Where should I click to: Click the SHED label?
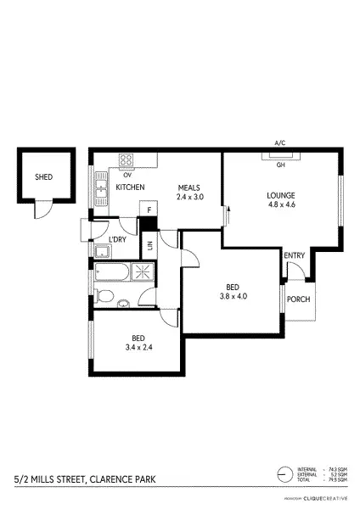tap(43, 178)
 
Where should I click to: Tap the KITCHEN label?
tap(130, 187)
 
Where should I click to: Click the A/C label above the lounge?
tap(279, 143)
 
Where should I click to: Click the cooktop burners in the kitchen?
tap(127, 159)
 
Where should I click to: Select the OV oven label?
tap(127, 175)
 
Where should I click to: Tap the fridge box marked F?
tap(149, 210)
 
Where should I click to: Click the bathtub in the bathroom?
tap(111, 273)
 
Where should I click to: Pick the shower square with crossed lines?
tap(142, 272)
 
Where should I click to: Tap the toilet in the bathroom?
tap(103, 296)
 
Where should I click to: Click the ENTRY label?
tap(295, 255)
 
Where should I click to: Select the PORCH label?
tap(297, 299)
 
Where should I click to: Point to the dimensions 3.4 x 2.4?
tap(136, 347)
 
